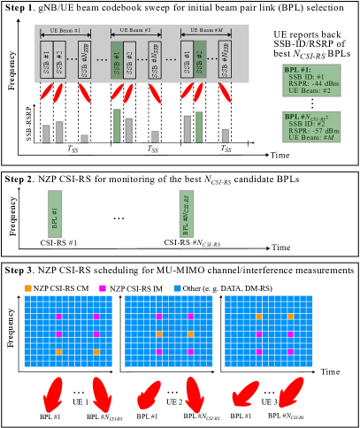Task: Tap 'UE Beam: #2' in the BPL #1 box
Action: click(310, 91)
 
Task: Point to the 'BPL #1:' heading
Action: click(298, 70)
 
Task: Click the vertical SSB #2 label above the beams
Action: click(200, 59)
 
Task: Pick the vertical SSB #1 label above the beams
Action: click(117, 60)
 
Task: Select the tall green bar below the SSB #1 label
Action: click(117, 126)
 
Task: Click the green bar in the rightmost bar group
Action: click(199, 127)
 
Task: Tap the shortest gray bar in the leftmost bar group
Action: click(85, 139)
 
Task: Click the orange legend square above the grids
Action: click(28, 288)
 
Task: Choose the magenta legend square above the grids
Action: click(103, 288)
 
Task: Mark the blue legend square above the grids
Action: click(178, 288)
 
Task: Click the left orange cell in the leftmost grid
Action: click(59, 352)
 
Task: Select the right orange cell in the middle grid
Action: click(190, 334)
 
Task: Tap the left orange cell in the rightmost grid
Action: click(259, 317)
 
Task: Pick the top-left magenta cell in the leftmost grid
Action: click(59, 317)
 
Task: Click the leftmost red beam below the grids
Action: click(53, 394)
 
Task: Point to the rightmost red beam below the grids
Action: click(291, 392)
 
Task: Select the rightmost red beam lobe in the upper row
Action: click(225, 93)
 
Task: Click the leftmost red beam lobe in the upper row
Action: click(46, 92)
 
